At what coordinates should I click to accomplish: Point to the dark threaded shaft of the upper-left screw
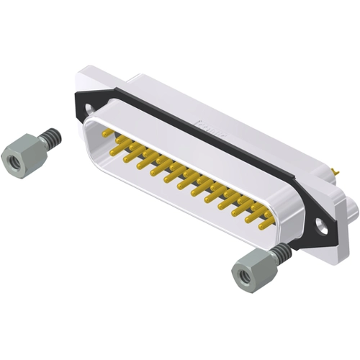[x=48, y=136]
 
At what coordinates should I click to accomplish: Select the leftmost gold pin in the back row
[x=107, y=133]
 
